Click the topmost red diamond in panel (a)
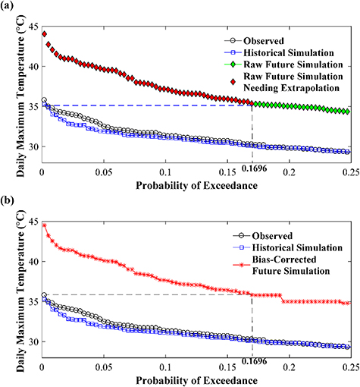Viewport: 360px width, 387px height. coord(45,34)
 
